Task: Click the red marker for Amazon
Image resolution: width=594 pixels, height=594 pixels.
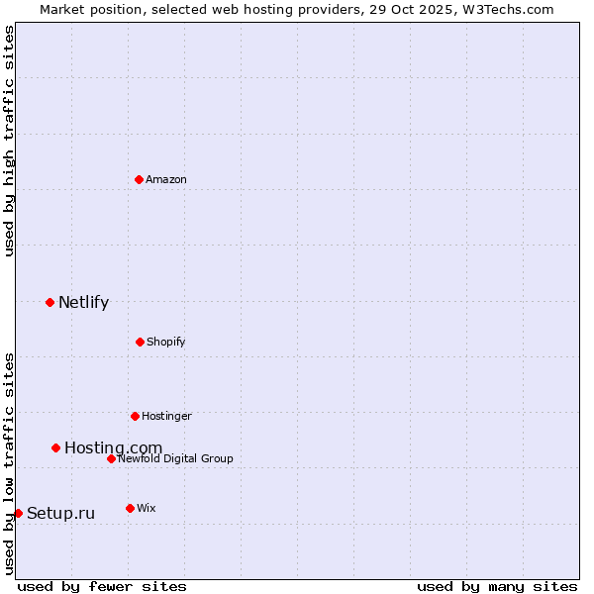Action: pos(139,179)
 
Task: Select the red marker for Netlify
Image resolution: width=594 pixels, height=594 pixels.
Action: pos(49,302)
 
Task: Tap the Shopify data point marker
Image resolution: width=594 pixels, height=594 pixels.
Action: pos(140,342)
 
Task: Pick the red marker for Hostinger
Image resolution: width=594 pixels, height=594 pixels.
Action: pos(135,416)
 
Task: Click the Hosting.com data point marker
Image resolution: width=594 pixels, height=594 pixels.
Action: pos(55,447)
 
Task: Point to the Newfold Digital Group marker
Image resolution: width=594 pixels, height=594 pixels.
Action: pos(111,458)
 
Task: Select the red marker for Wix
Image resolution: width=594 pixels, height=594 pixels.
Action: pos(130,508)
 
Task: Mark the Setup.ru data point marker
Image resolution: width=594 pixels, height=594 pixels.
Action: pos(18,513)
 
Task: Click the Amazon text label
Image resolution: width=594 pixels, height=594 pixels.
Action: pos(166,179)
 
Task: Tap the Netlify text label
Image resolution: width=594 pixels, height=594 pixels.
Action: pos(83,303)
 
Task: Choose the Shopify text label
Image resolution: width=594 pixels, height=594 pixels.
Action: pos(165,342)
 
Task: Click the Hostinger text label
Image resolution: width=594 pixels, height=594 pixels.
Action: pos(166,416)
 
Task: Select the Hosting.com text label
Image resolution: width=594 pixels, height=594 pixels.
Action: pos(113,448)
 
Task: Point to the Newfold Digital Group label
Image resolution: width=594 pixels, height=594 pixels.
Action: pos(175,458)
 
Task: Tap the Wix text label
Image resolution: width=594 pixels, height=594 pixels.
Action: pos(146,508)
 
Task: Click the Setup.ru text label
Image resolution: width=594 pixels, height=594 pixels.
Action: pos(60,513)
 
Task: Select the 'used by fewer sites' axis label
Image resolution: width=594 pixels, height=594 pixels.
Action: pos(102,586)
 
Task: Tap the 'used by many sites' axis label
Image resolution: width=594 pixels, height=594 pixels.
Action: pos(497,586)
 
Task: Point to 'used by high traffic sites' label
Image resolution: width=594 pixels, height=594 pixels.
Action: pos(9,141)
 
